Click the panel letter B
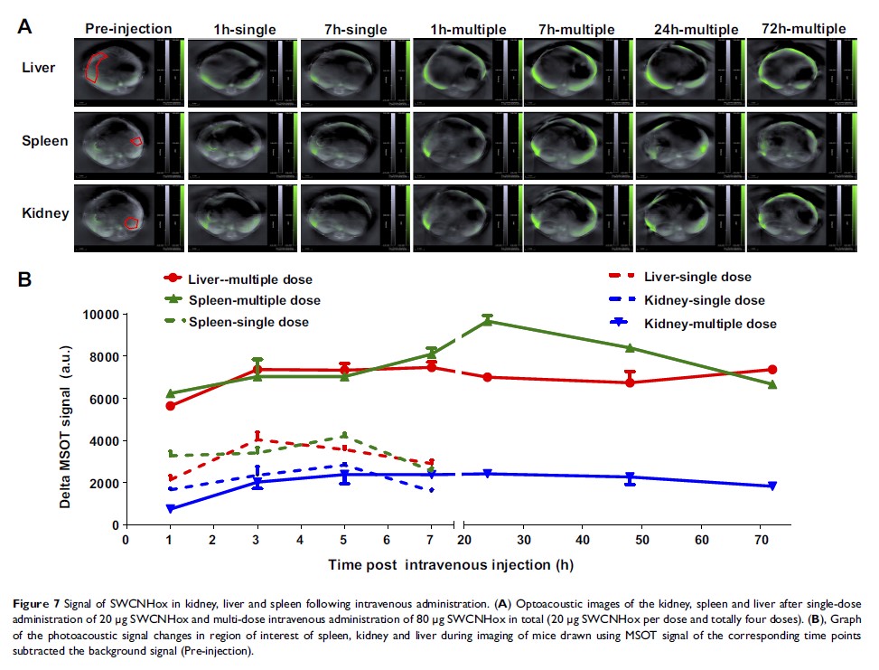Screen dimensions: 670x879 [26, 277]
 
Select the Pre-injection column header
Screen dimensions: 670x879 [128, 29]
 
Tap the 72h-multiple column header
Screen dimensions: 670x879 [801, 29]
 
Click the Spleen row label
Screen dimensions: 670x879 [46, 142]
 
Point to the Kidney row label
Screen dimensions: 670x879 [46, 213]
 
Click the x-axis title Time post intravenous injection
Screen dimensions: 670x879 [451, 564]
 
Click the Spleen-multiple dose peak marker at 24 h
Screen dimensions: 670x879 [488, 321]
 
